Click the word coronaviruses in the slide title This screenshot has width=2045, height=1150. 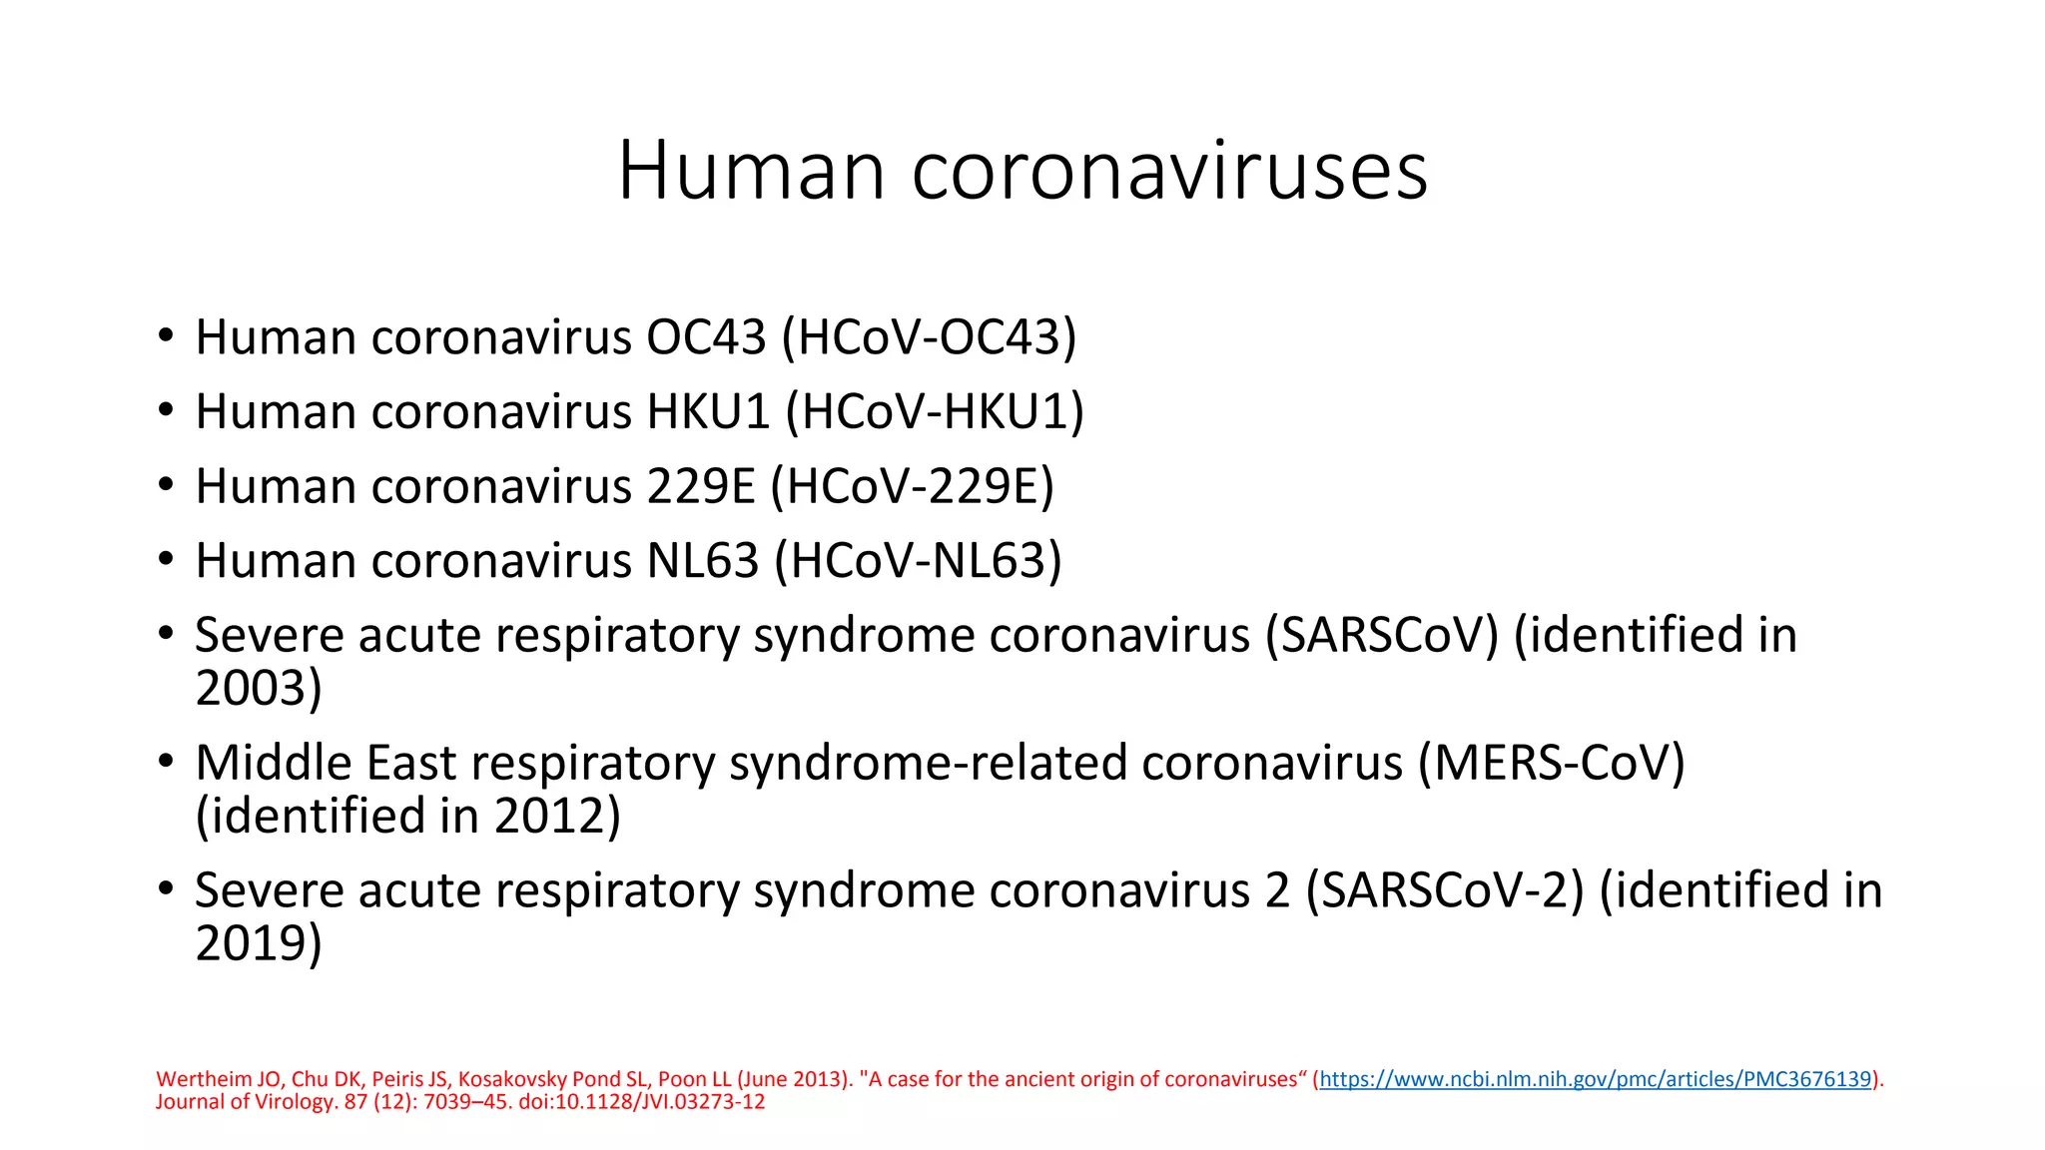pyautogui.click(x=1169, y=171)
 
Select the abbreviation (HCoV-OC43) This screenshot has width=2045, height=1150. pyautogui.click(x=929, y=337)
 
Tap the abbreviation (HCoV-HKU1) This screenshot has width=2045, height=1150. pyautogui.click(x=935, y=412)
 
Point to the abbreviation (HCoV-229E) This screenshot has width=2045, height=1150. pyautogui.click(x=913, y=487)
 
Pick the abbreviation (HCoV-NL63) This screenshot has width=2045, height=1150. pyautogui.click(x=918, y=561)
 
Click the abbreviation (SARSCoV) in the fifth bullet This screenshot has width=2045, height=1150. pyautogui.click(x=1382, y=636)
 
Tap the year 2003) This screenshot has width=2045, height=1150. pyautogui.click(x=259, y=688)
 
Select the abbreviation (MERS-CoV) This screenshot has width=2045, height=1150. pyautogui.click(x=1551, y=764)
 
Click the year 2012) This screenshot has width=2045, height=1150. pyautogui.click(x=557, y=816)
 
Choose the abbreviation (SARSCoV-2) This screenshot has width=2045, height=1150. pyautogui.click(x=1445, y=890)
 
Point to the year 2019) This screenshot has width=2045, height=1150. pyautogui.click(x=259, y=943)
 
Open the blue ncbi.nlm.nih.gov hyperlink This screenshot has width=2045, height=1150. pyautogui.click(x=1595, y=1079)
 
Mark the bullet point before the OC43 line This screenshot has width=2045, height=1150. pyautogui.click(x=166, y=336)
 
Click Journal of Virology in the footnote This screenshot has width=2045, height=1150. pyautogui.click(x=247, y=1102)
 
